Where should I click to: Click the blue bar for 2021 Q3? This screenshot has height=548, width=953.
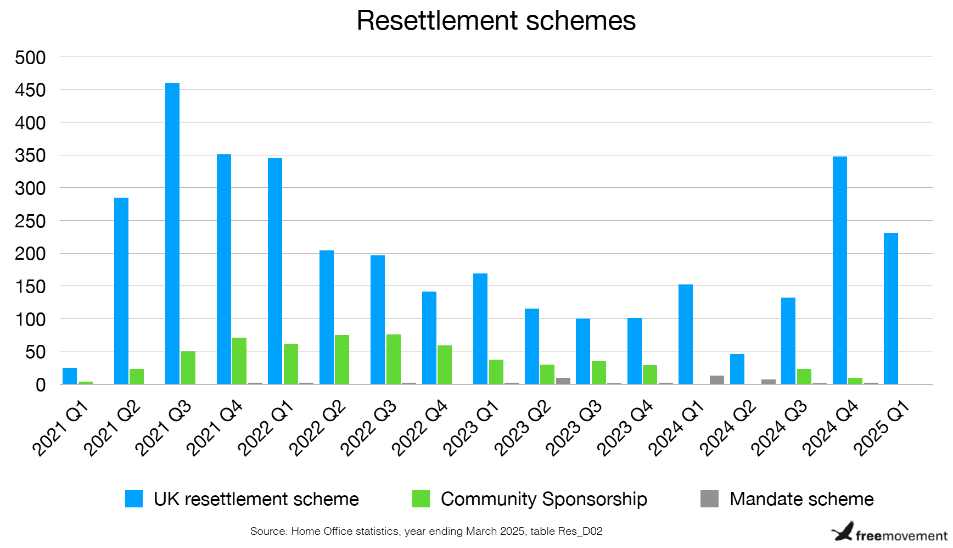point(172,233)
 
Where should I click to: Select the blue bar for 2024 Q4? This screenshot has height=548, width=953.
point(839,270)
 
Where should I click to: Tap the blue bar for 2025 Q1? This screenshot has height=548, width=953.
point(890,308)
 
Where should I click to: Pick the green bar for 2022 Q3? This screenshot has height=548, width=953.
point(393,359)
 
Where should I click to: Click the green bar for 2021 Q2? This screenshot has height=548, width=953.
point(137,376)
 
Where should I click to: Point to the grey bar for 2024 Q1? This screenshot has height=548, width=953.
point(716,379)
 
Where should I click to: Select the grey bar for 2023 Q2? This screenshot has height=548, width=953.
point(563,381)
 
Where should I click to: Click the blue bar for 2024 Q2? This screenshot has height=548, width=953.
point(737,369)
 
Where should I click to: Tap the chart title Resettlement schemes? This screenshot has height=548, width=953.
point(496,21)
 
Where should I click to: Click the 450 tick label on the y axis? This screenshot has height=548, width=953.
point(30,90)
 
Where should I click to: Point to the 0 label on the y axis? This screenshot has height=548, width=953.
point(40,385)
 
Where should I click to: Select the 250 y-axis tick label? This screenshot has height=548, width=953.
point(30,221)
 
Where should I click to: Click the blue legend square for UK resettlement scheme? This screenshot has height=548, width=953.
point(134,499)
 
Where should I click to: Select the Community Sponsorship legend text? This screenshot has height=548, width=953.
point(543,499)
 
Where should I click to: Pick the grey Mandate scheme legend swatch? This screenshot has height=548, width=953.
point(709,499)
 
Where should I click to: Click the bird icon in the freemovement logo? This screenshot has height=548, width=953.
point(843,532)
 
